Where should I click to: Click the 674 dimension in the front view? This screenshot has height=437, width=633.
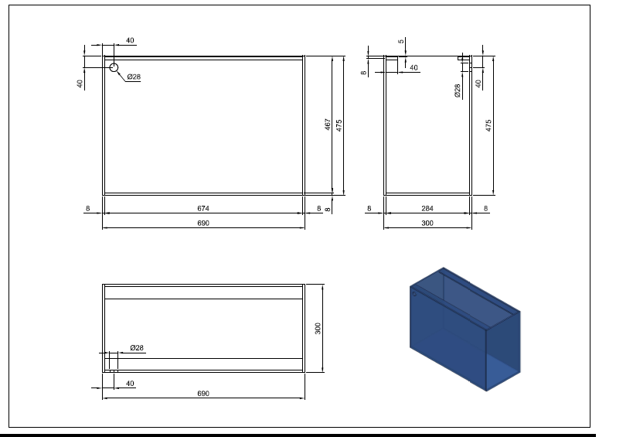[x=203, y=208]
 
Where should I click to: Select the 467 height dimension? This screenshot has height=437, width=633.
[x=328, y=125]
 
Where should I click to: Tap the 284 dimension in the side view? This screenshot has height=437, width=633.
[x=427, y=208]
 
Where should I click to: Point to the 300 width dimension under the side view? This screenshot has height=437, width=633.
[x=427, y=223]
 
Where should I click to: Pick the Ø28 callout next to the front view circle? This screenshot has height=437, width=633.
[x=134, y=77]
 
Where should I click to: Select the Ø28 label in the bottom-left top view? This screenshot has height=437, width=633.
[x=137, y=348]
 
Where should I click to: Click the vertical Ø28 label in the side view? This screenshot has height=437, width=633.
[x=458, y=90]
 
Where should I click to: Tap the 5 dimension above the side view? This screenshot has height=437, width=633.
[x=401, y=41]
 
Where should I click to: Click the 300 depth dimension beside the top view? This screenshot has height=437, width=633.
[x=318, y=329]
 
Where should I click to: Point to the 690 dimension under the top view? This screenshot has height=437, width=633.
[x=203, y=394]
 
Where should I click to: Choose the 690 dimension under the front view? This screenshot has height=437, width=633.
[x=203, y=223]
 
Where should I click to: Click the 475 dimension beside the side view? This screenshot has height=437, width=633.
[x=488, y=125]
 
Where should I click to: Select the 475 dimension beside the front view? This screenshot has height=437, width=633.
[x=339, y=125]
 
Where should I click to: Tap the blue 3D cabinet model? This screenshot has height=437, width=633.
[x=465, y=329]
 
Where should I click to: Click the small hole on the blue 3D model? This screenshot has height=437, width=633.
[x=414, y=294]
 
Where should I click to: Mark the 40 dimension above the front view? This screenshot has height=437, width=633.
[x=130, y=40]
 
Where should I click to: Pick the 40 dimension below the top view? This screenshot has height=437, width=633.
[x=130, y=384]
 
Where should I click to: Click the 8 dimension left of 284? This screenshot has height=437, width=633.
[x=369, y=208]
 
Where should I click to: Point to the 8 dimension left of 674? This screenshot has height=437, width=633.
[x=87, y=208]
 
